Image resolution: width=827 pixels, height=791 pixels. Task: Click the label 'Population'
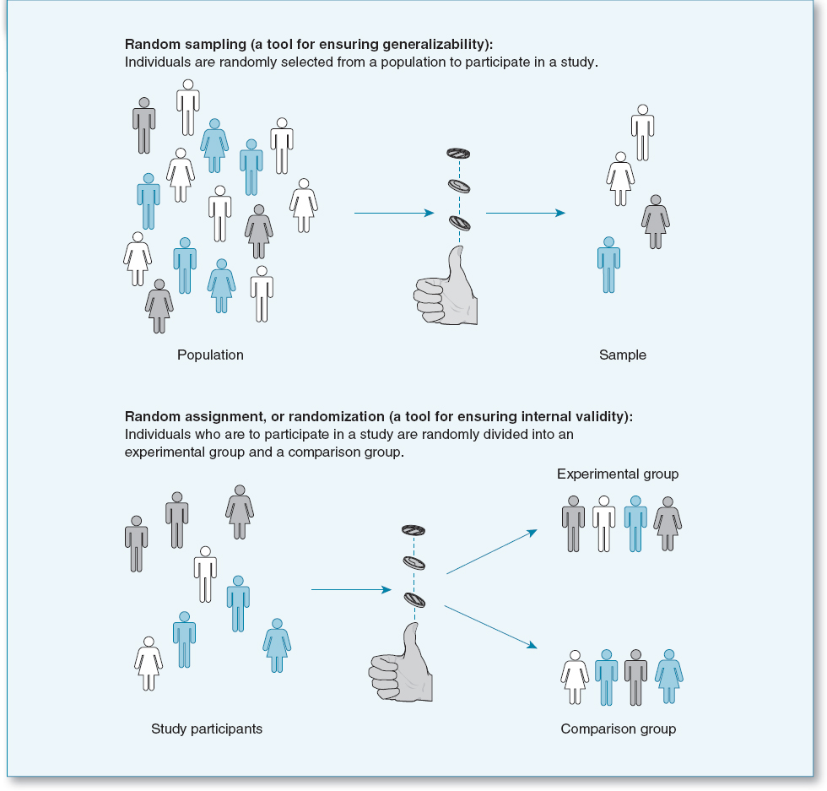210,355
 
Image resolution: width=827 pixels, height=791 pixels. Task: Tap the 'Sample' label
623,355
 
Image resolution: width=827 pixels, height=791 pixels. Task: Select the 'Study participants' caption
207,729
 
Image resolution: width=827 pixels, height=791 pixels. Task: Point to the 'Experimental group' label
618,474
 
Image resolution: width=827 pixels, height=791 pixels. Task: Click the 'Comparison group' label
619,729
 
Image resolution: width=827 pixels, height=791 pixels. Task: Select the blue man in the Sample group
608,264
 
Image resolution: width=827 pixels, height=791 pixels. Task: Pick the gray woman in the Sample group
656,221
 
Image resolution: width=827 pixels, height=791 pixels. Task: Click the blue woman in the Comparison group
668,676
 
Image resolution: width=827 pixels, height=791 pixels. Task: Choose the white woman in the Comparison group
575,676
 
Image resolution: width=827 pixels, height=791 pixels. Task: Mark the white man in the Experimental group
604,523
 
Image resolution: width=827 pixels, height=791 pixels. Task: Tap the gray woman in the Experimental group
668,523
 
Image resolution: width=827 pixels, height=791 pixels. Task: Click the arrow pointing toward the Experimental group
491,553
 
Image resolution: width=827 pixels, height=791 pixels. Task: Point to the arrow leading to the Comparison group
491,626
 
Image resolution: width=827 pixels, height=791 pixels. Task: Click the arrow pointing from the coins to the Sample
525,214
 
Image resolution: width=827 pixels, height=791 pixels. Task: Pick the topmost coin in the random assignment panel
413,530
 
